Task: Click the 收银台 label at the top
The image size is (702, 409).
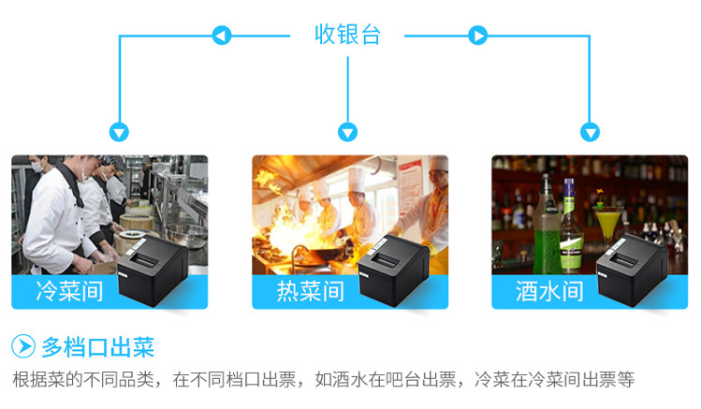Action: [347, 36]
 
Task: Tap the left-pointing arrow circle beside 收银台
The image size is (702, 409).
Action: [222, 37]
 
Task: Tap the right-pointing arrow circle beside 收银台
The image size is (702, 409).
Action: [477, 37]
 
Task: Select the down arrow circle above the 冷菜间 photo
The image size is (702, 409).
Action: [119, 133]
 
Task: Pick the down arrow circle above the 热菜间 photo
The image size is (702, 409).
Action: [348, 133]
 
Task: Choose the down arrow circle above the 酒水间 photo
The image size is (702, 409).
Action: [590, 133]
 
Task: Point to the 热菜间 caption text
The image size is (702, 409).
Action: [310, 291]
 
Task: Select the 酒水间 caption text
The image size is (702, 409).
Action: [549, 291]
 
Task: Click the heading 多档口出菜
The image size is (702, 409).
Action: [97, 348]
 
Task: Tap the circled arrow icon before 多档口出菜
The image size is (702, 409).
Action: [23, 348]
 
